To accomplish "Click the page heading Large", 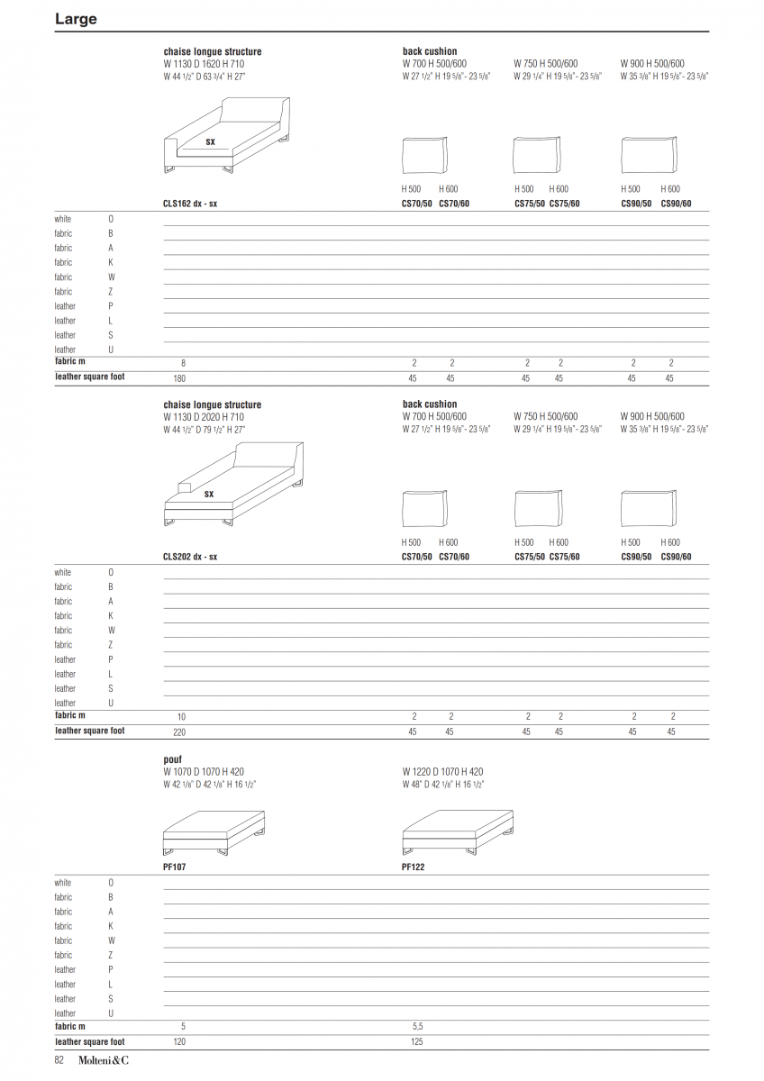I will tap(76, 19).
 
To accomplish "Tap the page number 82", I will tap(60, 1060).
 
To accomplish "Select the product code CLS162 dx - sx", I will tap(190, 204).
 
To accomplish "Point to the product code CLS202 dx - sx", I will tap(190, 557).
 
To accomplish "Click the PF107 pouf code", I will tap(175, 867).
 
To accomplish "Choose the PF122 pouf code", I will tap(414, 867).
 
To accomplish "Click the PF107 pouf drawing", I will tap(214, 832).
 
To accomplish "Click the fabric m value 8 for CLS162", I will tap(183, 363).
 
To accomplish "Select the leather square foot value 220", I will tap(179, 732).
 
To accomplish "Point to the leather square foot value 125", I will tap(416, 1042).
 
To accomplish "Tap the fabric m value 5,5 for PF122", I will tap(417, 1027).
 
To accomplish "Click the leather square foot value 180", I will tap(179, 378).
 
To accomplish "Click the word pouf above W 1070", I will tap(172, 760).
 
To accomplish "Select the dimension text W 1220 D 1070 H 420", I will tap(442, 772).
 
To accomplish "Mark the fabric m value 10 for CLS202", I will tap(182, 717).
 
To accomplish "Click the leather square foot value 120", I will tap(179, 1042).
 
